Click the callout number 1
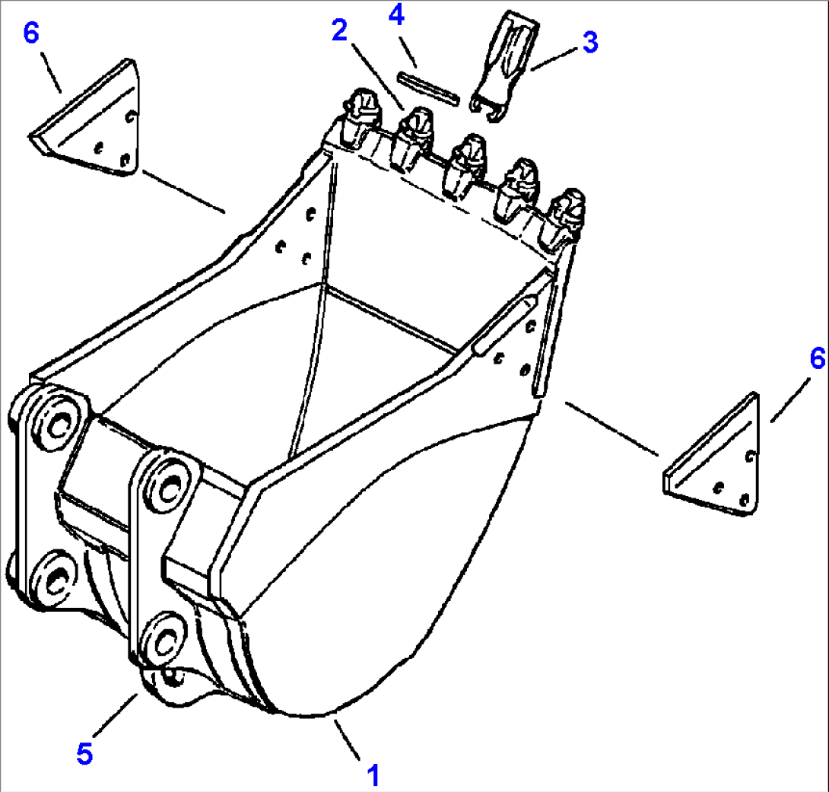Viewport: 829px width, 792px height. click(x=373, y=775)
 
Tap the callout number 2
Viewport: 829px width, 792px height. click(x=340, y=30)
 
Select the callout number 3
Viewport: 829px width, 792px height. click(x=590, y=43)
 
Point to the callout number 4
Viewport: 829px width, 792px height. click(x=396, y=14)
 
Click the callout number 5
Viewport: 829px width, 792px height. click(x=84, y=753)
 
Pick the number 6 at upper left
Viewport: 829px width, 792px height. click(x=31, y=33)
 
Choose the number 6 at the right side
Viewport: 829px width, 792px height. click(x=818, y=358)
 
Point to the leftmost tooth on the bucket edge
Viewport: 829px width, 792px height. click(x=360, y=117)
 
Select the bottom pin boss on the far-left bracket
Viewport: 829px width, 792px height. click(x=55, y=580)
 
